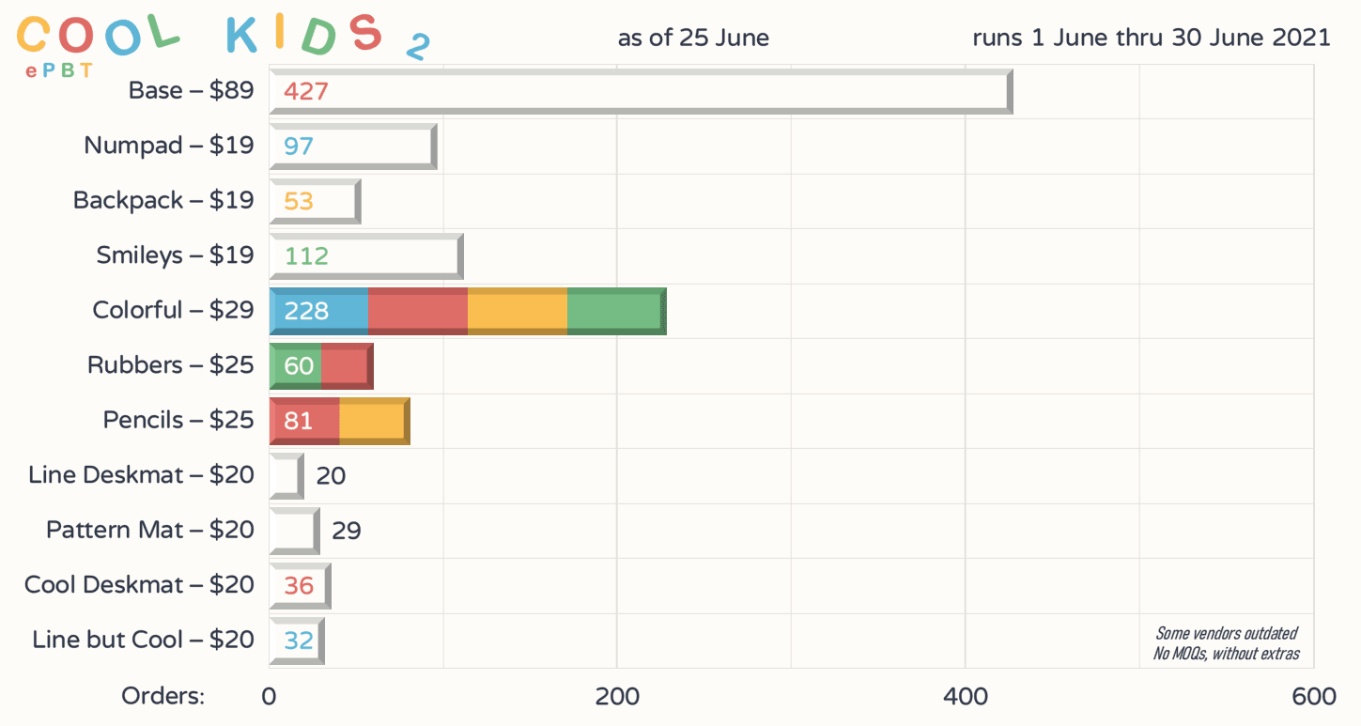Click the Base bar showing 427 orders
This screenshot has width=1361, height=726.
click(x=641, y=92)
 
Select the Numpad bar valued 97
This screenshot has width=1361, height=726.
click(x=353, y=147)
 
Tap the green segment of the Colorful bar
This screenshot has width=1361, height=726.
click(x=615, y=311)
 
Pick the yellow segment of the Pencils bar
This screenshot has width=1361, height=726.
click(x=373, y=421)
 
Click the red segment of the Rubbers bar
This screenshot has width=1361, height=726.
click(x=346, y=366)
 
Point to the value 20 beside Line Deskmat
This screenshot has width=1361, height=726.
click(x=331, y=476)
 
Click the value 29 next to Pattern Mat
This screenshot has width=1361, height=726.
click(x=347, y=532)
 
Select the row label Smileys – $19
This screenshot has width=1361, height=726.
click(x=175, y=255)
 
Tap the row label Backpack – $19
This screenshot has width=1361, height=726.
click(x=163, y=201)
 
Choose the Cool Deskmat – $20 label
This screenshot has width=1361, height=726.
click(x=139, y=585)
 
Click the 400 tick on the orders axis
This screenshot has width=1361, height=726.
click(x=966, y=697)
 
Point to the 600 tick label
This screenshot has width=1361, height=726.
click(x=1313, y=697)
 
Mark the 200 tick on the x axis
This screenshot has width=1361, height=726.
click(x=617, y=697)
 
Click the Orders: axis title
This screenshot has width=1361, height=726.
click(x=162, y=697)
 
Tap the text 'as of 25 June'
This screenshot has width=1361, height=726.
click(x=693, y=39)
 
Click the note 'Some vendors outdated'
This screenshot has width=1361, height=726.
click(x=1227, y=634)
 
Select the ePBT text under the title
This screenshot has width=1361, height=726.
click(x=59, y=70)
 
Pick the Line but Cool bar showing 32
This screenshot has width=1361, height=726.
click(x=297, y=641)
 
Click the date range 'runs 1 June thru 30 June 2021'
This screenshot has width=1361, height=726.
click(x=1152, y=39)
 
